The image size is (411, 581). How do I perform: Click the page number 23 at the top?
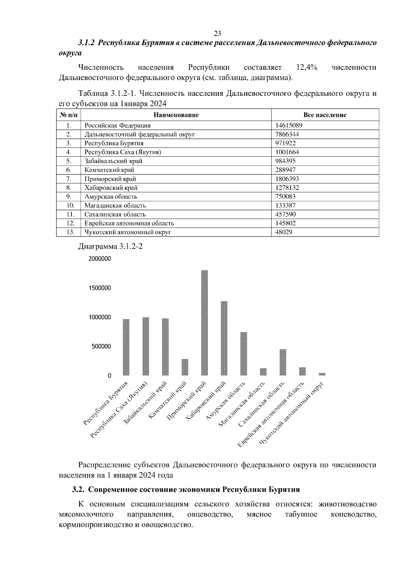217,34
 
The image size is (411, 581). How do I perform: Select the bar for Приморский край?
204,323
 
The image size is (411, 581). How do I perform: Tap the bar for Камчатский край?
185,367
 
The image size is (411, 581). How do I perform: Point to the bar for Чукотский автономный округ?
322,374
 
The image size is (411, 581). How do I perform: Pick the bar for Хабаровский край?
224,338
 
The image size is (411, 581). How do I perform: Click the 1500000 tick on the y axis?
100,288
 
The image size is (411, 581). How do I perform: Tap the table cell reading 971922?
285,143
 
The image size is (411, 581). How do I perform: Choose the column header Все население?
325,115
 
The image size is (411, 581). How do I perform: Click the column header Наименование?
176,115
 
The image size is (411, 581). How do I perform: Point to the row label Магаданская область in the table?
115,205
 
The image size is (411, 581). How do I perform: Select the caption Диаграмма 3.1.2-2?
110,246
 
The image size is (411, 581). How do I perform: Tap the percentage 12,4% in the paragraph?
306,67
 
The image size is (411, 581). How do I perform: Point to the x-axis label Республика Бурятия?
106,404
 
